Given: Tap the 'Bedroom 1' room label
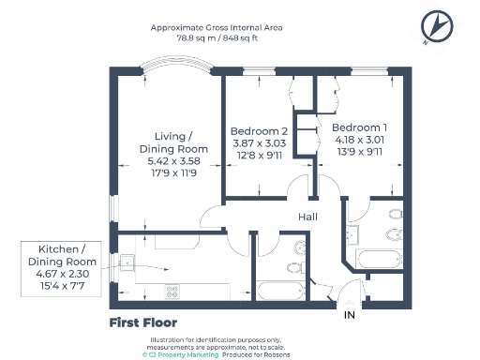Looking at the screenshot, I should tap(359, 127).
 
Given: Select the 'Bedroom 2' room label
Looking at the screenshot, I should tap(259, 130).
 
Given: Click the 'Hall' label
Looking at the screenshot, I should tap(307, 217).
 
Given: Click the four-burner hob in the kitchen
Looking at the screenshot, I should tap(172, 291).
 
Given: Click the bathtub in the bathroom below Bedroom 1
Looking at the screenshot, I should tap(380, 257).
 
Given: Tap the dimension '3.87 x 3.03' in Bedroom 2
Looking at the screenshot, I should tap(259, 143).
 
